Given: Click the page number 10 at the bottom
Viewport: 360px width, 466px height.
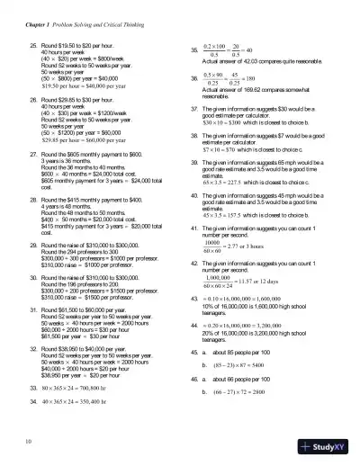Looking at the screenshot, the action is click(31, 440).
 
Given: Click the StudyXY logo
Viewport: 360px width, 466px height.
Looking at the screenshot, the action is click(328, 446).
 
